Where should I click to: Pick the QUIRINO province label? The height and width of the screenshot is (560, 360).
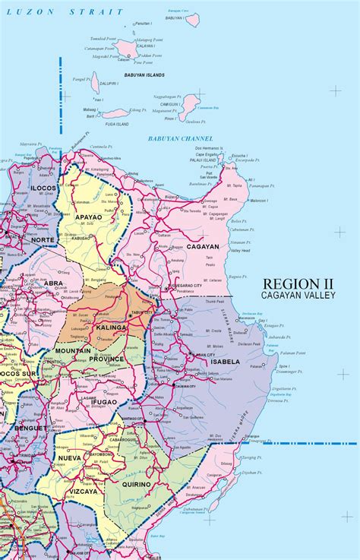(x=134, y=483)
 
